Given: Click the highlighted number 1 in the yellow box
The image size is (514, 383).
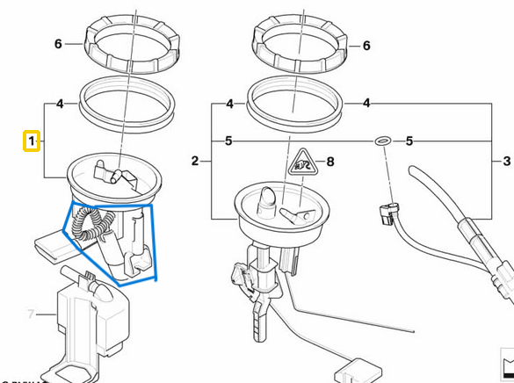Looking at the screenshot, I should [32, 141].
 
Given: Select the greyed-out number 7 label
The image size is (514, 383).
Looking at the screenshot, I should [30, 314].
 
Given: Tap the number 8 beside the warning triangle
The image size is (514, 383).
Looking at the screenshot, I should [330, 162].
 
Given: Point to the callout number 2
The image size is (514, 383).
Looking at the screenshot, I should [195, 162].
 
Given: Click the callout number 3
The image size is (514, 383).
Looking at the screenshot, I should [506, 162].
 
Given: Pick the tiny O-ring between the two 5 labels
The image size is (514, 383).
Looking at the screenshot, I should [382, 140].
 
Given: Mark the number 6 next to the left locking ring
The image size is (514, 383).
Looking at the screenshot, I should [58, 44].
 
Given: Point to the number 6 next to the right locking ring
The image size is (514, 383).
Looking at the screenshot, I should [366, 45].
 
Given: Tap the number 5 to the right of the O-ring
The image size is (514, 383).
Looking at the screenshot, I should [409, 140].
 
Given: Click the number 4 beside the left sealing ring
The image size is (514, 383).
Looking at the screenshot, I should [60, 104].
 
